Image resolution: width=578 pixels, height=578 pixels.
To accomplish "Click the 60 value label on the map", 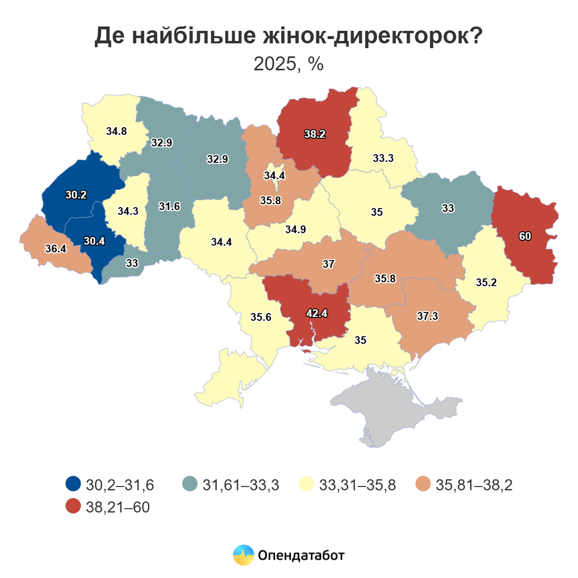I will (525, 236).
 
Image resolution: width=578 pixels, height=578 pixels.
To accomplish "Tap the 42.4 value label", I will (317, 313).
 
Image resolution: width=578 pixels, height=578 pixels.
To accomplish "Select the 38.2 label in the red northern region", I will (315, 134).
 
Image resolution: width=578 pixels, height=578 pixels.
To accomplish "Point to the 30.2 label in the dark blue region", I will (76, 195).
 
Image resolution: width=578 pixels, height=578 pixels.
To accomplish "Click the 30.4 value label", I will (94, 241).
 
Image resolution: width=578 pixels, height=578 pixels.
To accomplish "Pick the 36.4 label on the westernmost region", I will (56, 249).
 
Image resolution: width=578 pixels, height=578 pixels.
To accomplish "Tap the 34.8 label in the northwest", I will (117, 131).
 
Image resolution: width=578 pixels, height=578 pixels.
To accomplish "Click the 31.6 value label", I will (170, 207).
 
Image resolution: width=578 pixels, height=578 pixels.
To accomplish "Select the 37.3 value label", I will (428, 316).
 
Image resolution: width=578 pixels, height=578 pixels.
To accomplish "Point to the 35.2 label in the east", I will (486, 283).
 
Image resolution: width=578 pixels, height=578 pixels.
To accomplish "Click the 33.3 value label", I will (383, 158).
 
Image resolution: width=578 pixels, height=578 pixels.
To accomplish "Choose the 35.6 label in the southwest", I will (261, 317).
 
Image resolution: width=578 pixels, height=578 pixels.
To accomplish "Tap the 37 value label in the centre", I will (328, 264).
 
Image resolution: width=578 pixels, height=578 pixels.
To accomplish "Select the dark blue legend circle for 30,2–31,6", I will (73, 484).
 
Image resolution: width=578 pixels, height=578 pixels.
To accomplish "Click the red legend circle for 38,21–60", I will (73, 506).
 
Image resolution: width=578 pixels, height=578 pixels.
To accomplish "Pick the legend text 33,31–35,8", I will (357, 485).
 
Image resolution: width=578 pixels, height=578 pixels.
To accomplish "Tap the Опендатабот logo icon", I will (243, 555).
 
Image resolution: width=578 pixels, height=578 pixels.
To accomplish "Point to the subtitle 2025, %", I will (289, 64).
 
